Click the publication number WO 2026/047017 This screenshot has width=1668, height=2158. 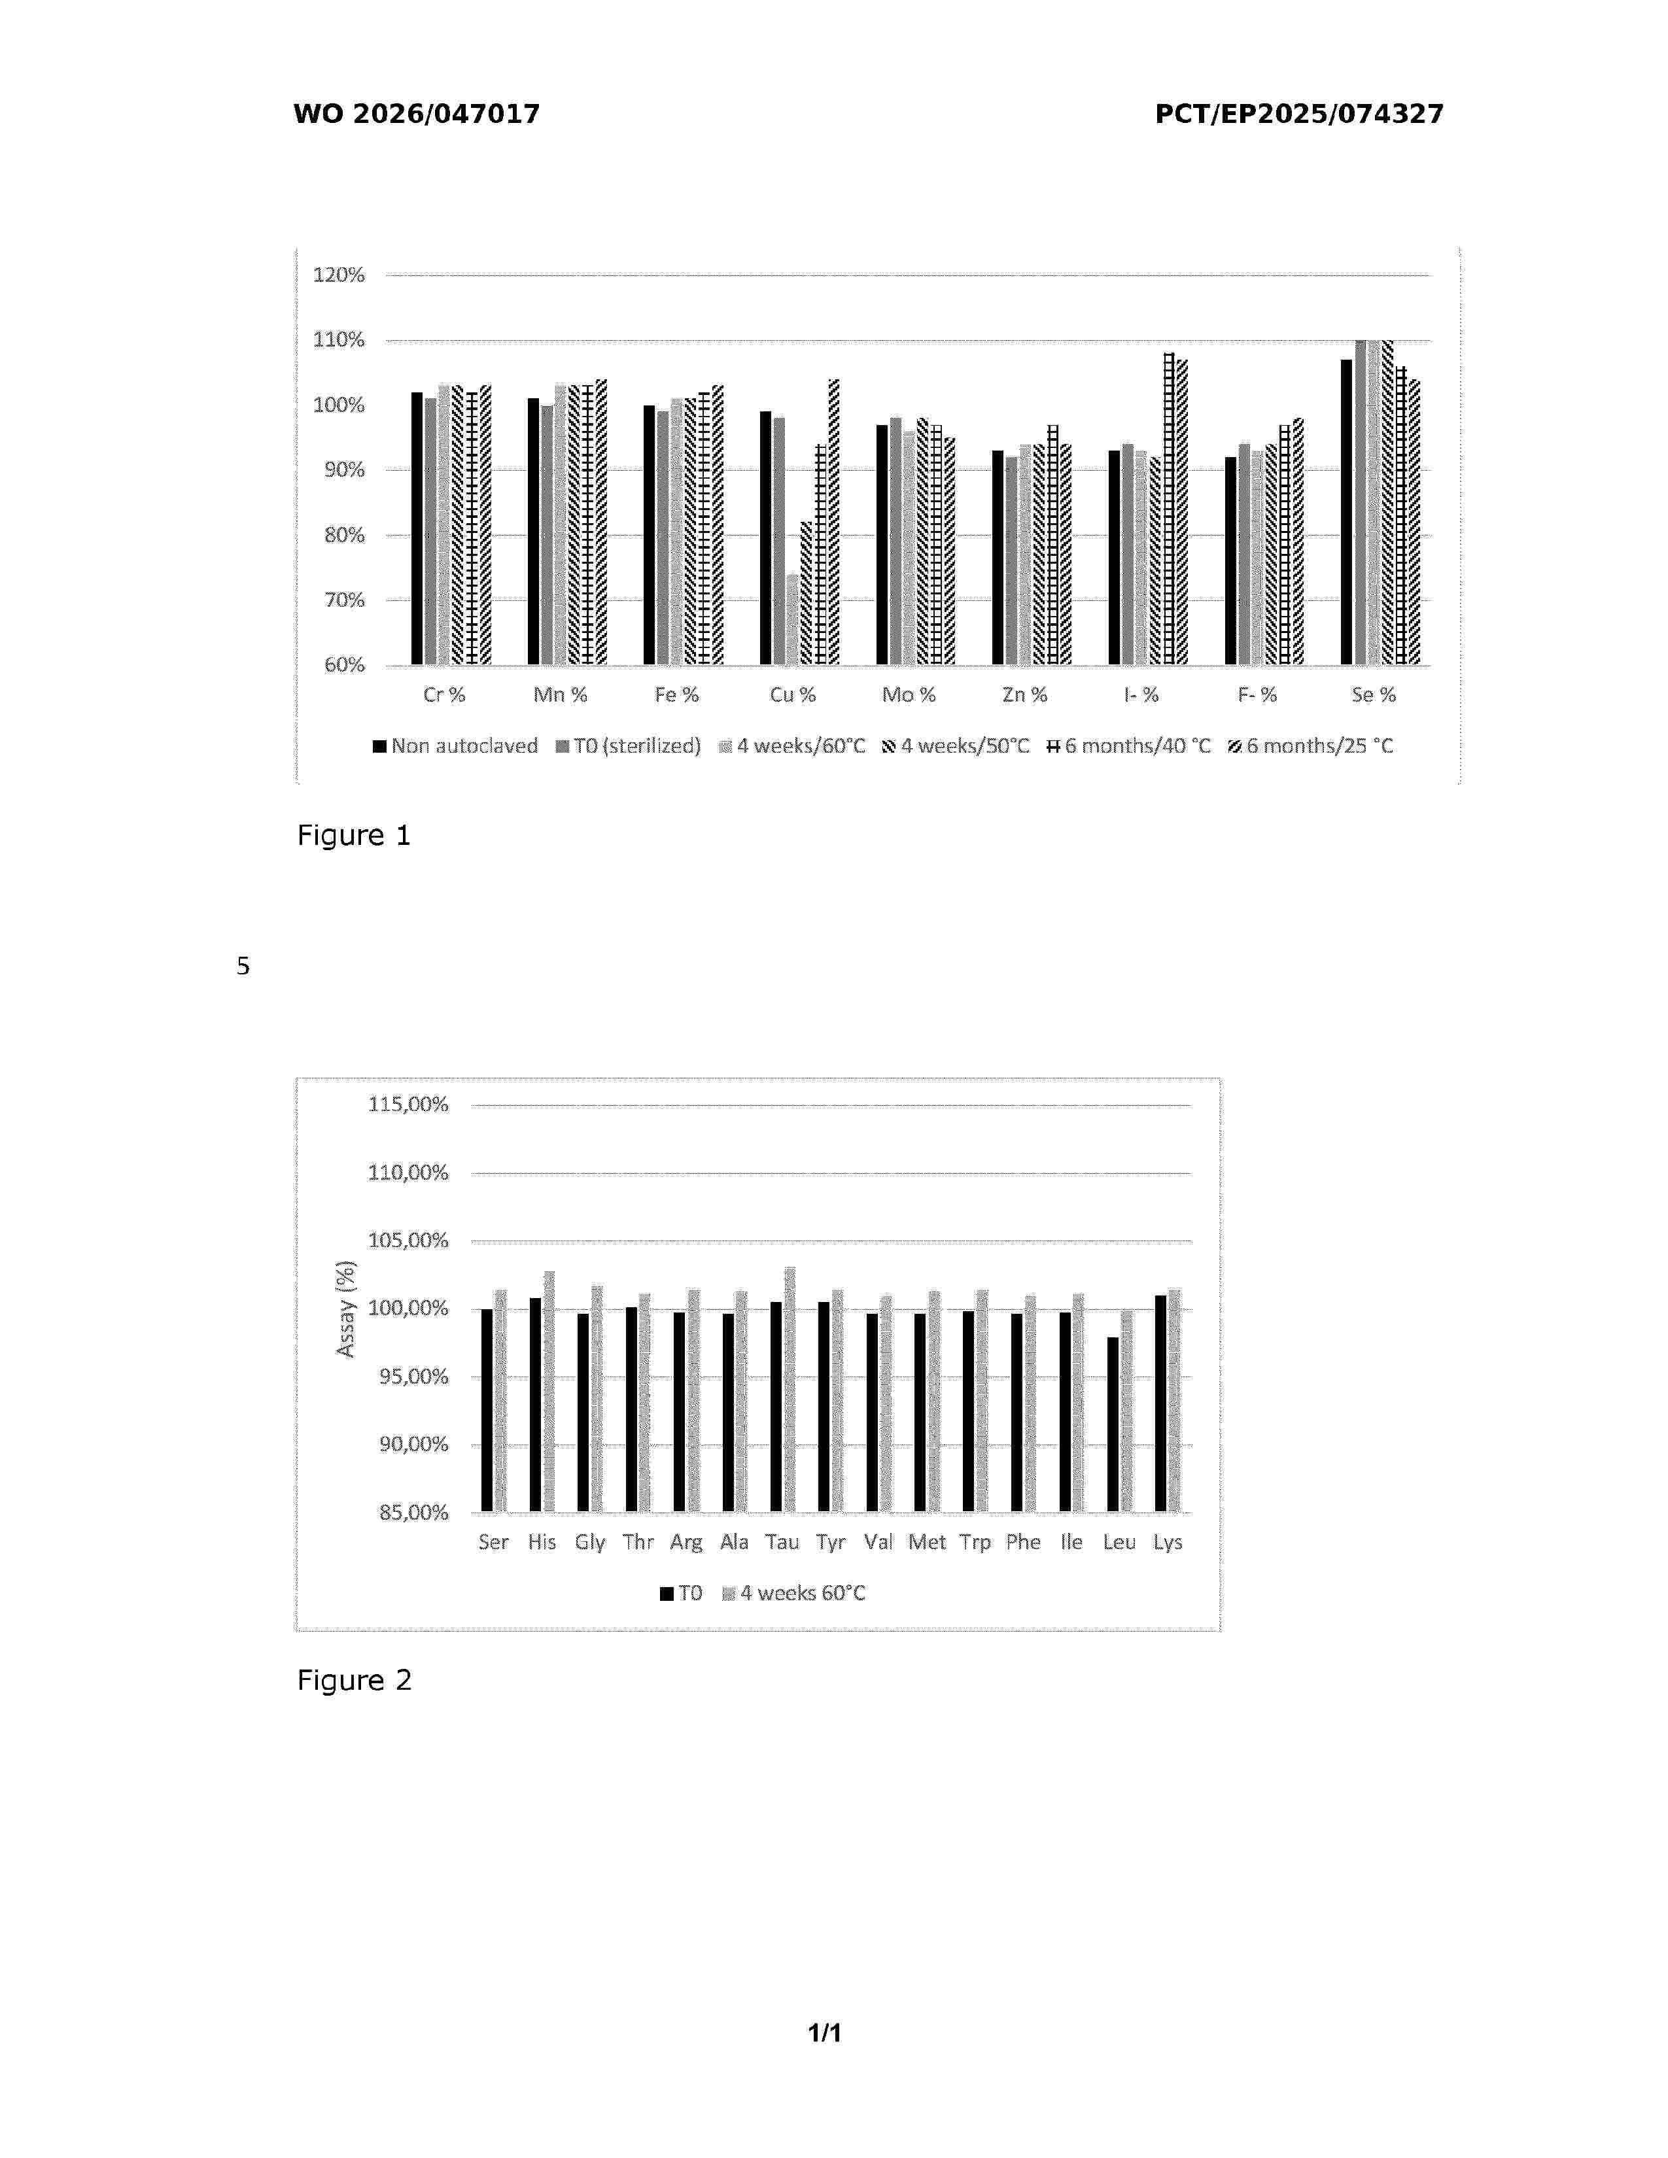click(x=416, y=114)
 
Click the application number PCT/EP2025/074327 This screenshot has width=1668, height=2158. click(x=1298, y=114)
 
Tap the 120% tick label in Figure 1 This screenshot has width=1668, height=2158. click(x=339, y=275)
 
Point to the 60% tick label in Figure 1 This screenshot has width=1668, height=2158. click(x=344, y=665)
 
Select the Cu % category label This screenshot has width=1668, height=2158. click(x=793, y=694)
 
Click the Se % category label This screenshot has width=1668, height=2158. click(x=1374, y=694)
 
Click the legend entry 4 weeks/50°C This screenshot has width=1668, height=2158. click(x=956, y=746)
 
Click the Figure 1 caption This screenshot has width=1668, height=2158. click(x=354, y=836)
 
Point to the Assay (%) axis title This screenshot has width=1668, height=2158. click(x=345, y=1309)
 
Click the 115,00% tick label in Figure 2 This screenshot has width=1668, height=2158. click(x=408, y=1105)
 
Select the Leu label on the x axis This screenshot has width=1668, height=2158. click(x=1119, y=1543)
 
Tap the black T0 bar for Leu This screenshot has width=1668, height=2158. click(x=1113, y=1424)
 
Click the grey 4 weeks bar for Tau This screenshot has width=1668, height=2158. click(x=790, y=1389)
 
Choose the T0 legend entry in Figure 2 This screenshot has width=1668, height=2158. click(x=681, y=1593)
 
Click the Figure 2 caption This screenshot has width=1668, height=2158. click(x=354, y=1681)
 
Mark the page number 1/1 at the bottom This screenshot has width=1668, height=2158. click(x=825, y=2032)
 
